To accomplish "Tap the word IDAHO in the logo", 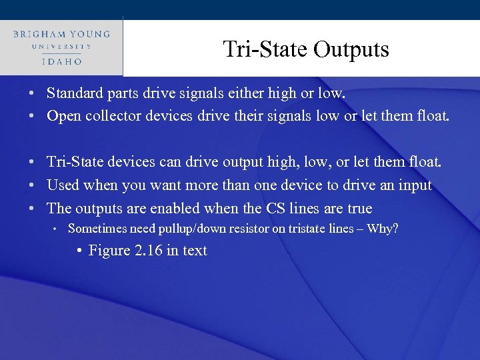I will pyautogui.click(x=61, y=61).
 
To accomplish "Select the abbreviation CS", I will pyautogui.click(x=277, y=207).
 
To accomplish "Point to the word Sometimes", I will pyautogui.click(x=95, y=229).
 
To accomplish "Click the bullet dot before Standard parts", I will pyautogui.click(x=32, y=93).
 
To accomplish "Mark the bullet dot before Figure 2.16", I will pyautogui.click(x=79, y=251).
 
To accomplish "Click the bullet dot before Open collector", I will pyautogui.click(x=32, y=117).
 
